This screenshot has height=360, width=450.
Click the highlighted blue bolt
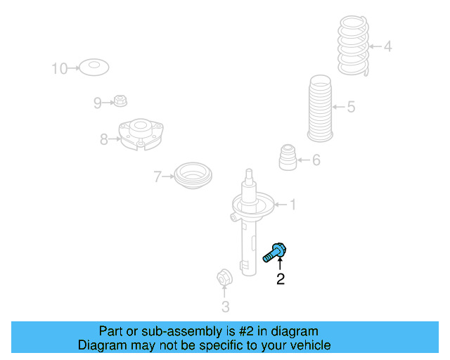pyautogui.click(x=276, y=252)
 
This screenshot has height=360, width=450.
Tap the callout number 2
pyautogui.click(x=281, y=280)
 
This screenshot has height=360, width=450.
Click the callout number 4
pyautogui.click(x=387, y=47)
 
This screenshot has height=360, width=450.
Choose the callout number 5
pyautogui.click(x=351, y=108)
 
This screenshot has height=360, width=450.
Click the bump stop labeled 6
pyautogui.click(x=287, y=157)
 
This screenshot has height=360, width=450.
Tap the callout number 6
pyautogui.click(x=316, y=160)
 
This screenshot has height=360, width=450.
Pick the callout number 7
pyautogui.click(x=157, y=176)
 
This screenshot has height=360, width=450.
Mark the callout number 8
pyautogui.click(x=104, y=139)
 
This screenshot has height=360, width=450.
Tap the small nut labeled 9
pyautogui.click(x=120, y=101)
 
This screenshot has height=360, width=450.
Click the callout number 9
pyautogui.click(x=98, y=103)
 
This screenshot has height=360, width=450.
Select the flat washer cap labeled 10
pyautogui.click(x=93, y=68)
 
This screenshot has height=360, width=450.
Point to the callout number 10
pyautogui.click(x=59, y=68)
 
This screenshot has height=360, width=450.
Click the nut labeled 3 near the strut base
pyautogui.click(x=224, y=278)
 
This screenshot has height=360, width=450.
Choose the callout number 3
pyautogui.click(x=225, y=307)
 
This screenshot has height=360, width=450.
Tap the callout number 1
pyautogui.click(x=292, y=205)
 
